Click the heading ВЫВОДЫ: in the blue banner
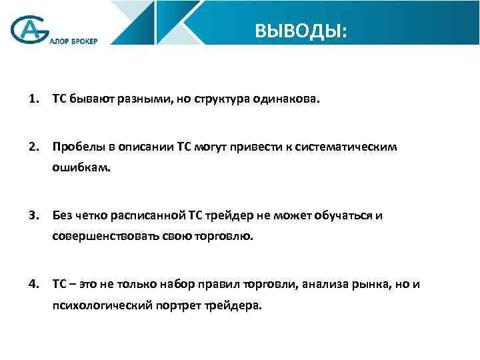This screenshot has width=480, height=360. [x=301, y=31]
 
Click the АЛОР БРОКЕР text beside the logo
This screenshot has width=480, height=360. [x=73, y=41]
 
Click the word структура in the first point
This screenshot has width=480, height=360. [x=218, y=100]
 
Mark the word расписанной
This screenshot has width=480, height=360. [x=150, y=215]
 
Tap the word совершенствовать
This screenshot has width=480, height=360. [x=99, y=237]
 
